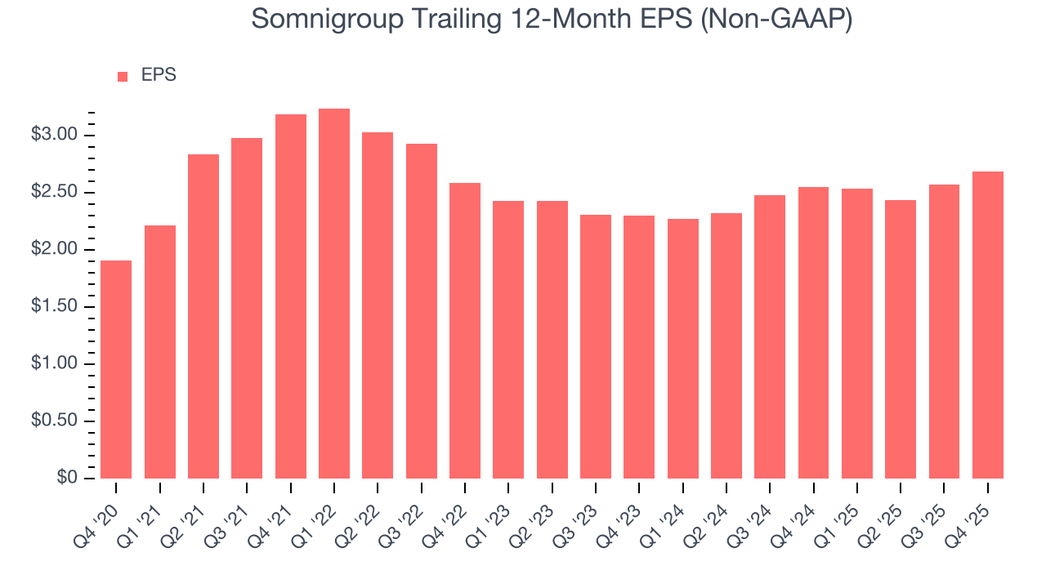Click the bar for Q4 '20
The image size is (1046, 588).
(116, 369)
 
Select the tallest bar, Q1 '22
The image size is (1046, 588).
(334, 293)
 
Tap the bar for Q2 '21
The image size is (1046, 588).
(203, 316)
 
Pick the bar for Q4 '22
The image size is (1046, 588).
(465, 331)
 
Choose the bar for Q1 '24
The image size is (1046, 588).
(682, 349)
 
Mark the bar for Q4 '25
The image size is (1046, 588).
(988, 325)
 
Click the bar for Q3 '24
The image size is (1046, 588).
(770, 336)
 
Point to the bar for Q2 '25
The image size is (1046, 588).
(901, 339)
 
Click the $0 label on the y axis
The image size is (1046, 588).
(68, 479)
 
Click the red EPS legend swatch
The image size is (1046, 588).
(123, 76)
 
